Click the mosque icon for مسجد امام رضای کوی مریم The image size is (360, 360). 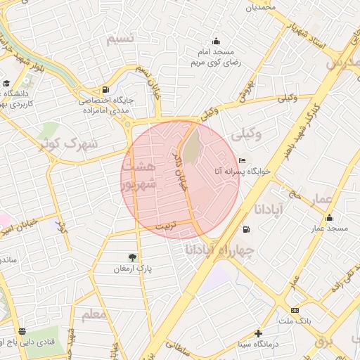[216, 41]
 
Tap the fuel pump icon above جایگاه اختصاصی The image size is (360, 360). [105, 89]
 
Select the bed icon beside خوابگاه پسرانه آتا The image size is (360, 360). [243, 161]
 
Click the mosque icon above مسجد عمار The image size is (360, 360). [329, 217]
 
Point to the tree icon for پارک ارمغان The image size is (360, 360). [133, 257]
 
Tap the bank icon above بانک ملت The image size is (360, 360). [294, 310]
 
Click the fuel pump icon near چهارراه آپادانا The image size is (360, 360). [245, 230]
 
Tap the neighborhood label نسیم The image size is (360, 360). [120, 39]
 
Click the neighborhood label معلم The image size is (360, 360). [94, 315]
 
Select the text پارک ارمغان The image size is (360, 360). [133, 269]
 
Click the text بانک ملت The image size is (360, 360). [294, 321]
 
